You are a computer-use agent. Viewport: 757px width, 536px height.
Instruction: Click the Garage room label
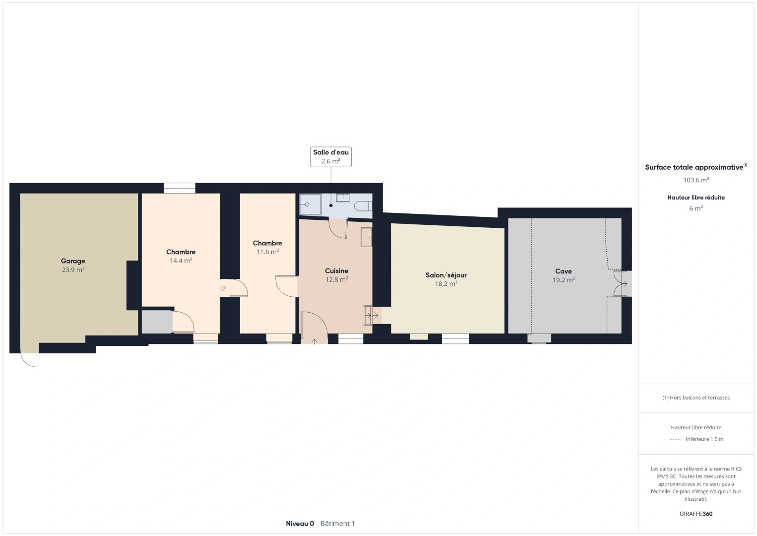[x=73, y=261]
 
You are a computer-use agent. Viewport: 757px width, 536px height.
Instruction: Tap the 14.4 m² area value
[x=181, y=261]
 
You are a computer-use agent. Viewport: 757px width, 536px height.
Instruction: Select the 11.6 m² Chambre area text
[x=267, y=252]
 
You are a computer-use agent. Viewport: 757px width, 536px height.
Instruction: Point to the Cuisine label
[x=336, y=270]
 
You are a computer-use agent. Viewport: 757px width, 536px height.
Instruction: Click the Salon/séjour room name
[x=446, y=275]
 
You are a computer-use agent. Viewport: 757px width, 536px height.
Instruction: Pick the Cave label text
[x=564, y=271]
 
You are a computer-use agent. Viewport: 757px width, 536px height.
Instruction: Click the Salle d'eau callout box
[x=331, y=156]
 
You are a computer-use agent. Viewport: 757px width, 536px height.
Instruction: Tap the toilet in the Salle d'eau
[x=363, y=205]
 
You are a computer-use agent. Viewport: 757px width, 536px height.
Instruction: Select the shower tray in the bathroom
[x=310, y=204]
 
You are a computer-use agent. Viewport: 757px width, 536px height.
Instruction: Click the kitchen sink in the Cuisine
[x=366, y=237]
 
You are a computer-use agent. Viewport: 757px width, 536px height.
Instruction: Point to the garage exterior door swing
[x=29, y=359]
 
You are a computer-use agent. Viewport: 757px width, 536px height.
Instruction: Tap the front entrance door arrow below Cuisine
[x=315, y=341]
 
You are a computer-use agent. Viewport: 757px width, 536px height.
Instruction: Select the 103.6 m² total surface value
[x=696, y=180]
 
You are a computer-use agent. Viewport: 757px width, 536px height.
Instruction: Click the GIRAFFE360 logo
[x=696, y=514]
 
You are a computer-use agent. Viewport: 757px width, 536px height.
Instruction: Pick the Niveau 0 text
[x=300, y=524]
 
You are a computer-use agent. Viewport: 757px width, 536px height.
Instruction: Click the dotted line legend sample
[x=675, y=439]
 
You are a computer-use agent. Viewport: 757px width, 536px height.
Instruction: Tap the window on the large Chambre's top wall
[x=180, y=188]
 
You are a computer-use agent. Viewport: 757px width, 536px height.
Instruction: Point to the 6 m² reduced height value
[x=696, y=208]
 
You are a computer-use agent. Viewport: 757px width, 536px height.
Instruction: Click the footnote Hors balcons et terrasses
[x=696, y=398]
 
